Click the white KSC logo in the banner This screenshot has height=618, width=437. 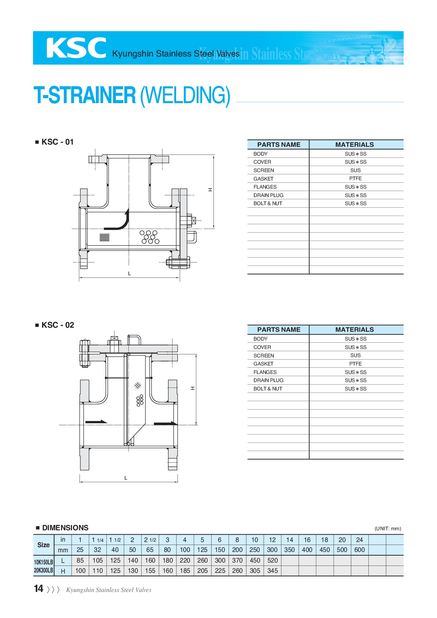tap(76, 48)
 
